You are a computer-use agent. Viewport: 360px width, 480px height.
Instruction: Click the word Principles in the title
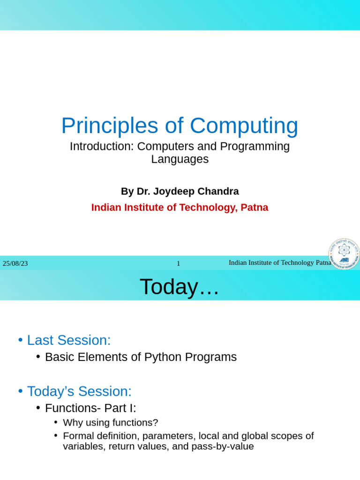pyautogui.click(x=110, y=126)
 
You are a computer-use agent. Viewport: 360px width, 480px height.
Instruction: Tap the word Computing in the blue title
pyautogui.click(x=244, y=126)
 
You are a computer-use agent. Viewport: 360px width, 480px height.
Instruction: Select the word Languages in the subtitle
pyautogui.click(x=180, y=160)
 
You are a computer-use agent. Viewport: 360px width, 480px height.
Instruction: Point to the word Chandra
pyautogui.click(x=218, y=191)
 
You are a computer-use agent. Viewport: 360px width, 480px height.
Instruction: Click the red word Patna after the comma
pyautogui.click(x=255, y=208)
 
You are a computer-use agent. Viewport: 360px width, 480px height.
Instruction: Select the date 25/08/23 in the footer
pyautogui.click(x=15, y=263)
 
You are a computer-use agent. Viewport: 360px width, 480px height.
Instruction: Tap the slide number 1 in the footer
pyautogui.click(x=179, y=263)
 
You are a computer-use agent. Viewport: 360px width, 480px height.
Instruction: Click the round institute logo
pyautogui.click(x=344, y=254)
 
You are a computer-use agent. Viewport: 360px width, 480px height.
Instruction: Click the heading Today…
pyautogui.click(x=180, y=287)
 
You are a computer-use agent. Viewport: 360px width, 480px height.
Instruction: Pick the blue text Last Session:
pyautogui.click(x=69, y=340)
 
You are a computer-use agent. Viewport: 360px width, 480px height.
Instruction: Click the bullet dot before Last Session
pyautogui.click(x=21, y=340)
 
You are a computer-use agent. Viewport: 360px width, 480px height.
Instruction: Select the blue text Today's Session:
pyautogui.click(x=79, y=391)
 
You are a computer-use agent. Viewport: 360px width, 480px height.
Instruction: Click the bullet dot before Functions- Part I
pyautogui.click(x=38, y=408)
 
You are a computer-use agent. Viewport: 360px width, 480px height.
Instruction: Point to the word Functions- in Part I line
pyautogui.click(x=73, y=408)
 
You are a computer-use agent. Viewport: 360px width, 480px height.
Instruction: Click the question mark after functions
pyautogui.click(x=156, y=423)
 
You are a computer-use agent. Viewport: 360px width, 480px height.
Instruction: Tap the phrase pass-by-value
pyautogui.click(x=223, y=447)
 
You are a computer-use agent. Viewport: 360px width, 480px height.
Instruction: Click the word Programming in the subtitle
pyautogui.click(x=255, y=147)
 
